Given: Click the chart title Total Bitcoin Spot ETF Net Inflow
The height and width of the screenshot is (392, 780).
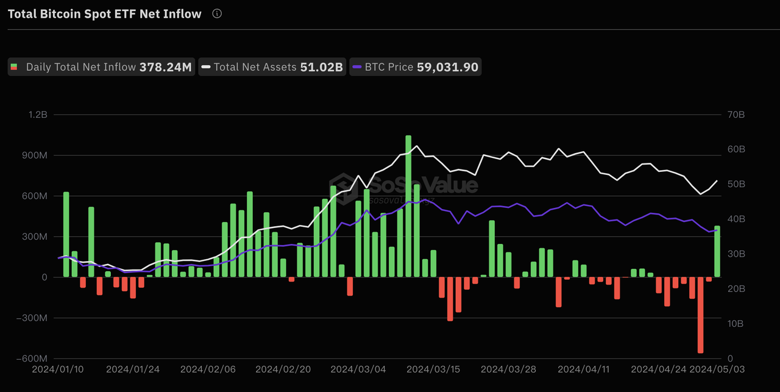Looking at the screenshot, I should tap(104, 14).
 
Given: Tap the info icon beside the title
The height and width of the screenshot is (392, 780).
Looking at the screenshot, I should tap(217, 13).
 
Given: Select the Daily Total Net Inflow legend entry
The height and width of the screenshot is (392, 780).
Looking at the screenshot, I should tap(101, 67).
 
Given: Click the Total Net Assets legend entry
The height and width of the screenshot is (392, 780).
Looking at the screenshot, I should tap(272, 67).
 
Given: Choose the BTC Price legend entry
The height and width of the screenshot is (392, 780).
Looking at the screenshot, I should tap(415, 67).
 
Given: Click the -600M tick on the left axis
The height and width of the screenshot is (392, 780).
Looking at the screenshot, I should tap(34, 358).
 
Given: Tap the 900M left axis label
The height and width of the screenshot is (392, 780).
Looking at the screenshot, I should tap(35, 155).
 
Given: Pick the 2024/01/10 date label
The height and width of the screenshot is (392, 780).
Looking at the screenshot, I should tap(58, 369).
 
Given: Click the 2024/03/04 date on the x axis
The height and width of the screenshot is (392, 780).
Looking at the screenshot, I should tap(358, 369).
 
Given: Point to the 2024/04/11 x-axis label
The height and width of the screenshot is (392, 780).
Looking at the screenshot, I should tap(583, 369).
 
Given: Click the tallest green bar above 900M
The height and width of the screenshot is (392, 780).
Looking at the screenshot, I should tap(408, 206).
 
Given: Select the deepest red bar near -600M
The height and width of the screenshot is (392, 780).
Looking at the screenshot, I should tap(700, 315).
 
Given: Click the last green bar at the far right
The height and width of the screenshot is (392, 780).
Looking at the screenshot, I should tap(717, 251).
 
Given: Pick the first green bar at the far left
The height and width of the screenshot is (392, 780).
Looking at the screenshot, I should tap(66, 235).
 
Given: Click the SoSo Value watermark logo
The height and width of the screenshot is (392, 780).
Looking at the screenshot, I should tap(403, 184).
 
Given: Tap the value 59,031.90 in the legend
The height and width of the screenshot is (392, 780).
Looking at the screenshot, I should tap(447, 67).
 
